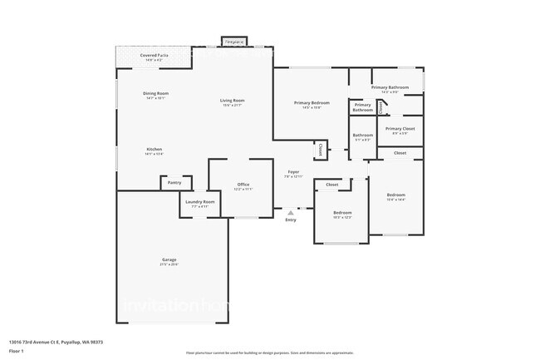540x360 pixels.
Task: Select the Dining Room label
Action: [156, 96]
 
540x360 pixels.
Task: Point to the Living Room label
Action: [232, 102]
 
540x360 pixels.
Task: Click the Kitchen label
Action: [155, 150]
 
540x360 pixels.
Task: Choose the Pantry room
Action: [174, 182]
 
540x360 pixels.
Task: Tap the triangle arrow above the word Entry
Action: [291, 213]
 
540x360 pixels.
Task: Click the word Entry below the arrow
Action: [291, 219]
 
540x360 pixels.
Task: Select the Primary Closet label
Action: [400, 130]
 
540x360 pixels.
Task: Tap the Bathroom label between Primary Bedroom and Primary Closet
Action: [362, 136]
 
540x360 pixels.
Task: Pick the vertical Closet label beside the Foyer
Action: [321, 150]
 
